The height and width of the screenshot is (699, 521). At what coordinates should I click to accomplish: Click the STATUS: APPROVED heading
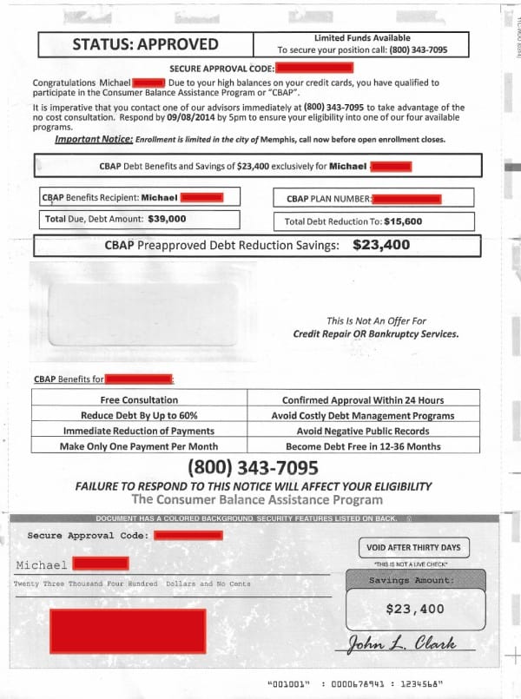tap(145, 44)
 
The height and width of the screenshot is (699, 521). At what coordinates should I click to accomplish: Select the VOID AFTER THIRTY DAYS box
tap(413, 548)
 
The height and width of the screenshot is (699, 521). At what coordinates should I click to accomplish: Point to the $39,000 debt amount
tap(167, 219)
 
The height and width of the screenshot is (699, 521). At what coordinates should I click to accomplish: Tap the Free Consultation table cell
tap(139, 400)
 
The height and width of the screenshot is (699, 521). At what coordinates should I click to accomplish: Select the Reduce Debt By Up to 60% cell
tap(139, 415)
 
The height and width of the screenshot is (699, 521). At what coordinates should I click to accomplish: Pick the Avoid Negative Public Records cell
tap(362, 431)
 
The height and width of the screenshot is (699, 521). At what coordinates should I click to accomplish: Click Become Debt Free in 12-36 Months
tap(362, 446)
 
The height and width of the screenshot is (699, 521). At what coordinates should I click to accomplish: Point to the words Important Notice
tap(94, 139)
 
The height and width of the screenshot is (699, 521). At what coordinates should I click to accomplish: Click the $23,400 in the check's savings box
tap(414, 609)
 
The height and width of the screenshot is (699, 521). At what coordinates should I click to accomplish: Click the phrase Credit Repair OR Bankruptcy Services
tap(376, 334)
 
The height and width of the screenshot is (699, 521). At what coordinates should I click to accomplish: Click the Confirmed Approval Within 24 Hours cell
tap(362, 400)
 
